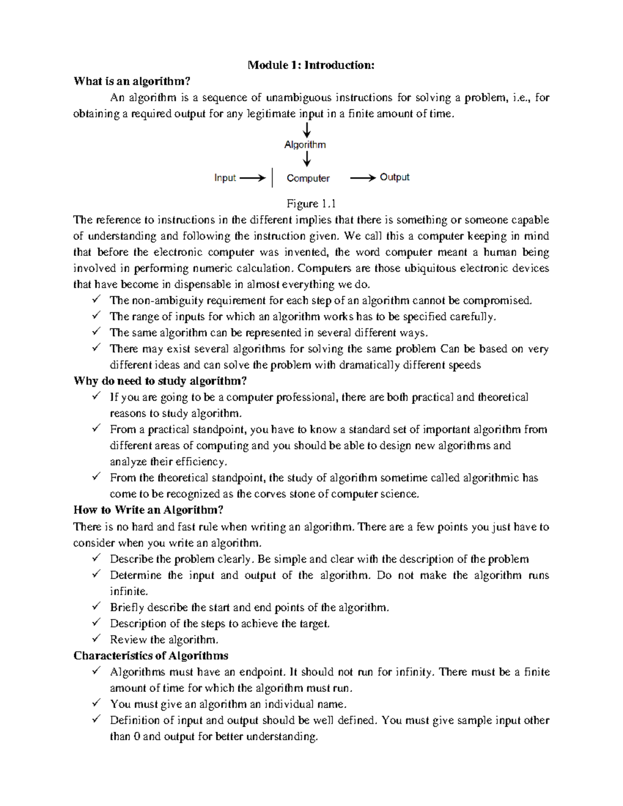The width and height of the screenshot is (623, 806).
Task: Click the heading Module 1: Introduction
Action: click(x=311, y=65)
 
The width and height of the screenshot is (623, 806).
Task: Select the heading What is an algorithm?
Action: click(x=132, y=81)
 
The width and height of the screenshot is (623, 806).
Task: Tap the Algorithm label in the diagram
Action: click(x=305, y=145)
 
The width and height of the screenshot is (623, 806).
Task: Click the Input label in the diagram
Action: click(x=225, y=178)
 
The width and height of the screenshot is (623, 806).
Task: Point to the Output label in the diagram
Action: click(x=395, y=177)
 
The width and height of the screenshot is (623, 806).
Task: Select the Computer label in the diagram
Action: click(x=308, y=178)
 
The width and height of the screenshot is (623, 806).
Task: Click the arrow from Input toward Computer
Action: click(x=253, y=178)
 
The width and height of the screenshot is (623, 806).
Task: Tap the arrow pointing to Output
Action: click(x=363, y=178)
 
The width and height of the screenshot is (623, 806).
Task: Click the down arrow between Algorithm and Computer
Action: click(x=307, y=159)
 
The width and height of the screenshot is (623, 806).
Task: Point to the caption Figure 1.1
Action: click(x=311, y=203)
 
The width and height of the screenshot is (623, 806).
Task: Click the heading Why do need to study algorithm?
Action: click(x=160, y=381)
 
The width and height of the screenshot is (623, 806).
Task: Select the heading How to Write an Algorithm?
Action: click(x=148, y=510)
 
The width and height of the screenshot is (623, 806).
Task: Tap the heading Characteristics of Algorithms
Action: click(x=151, y=655)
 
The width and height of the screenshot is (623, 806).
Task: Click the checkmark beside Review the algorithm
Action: click(x=96, y=638)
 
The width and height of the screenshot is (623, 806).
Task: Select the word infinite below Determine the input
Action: click(x=129, y=591)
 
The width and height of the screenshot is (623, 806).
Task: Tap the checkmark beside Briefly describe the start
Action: click(x=96, y=606)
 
